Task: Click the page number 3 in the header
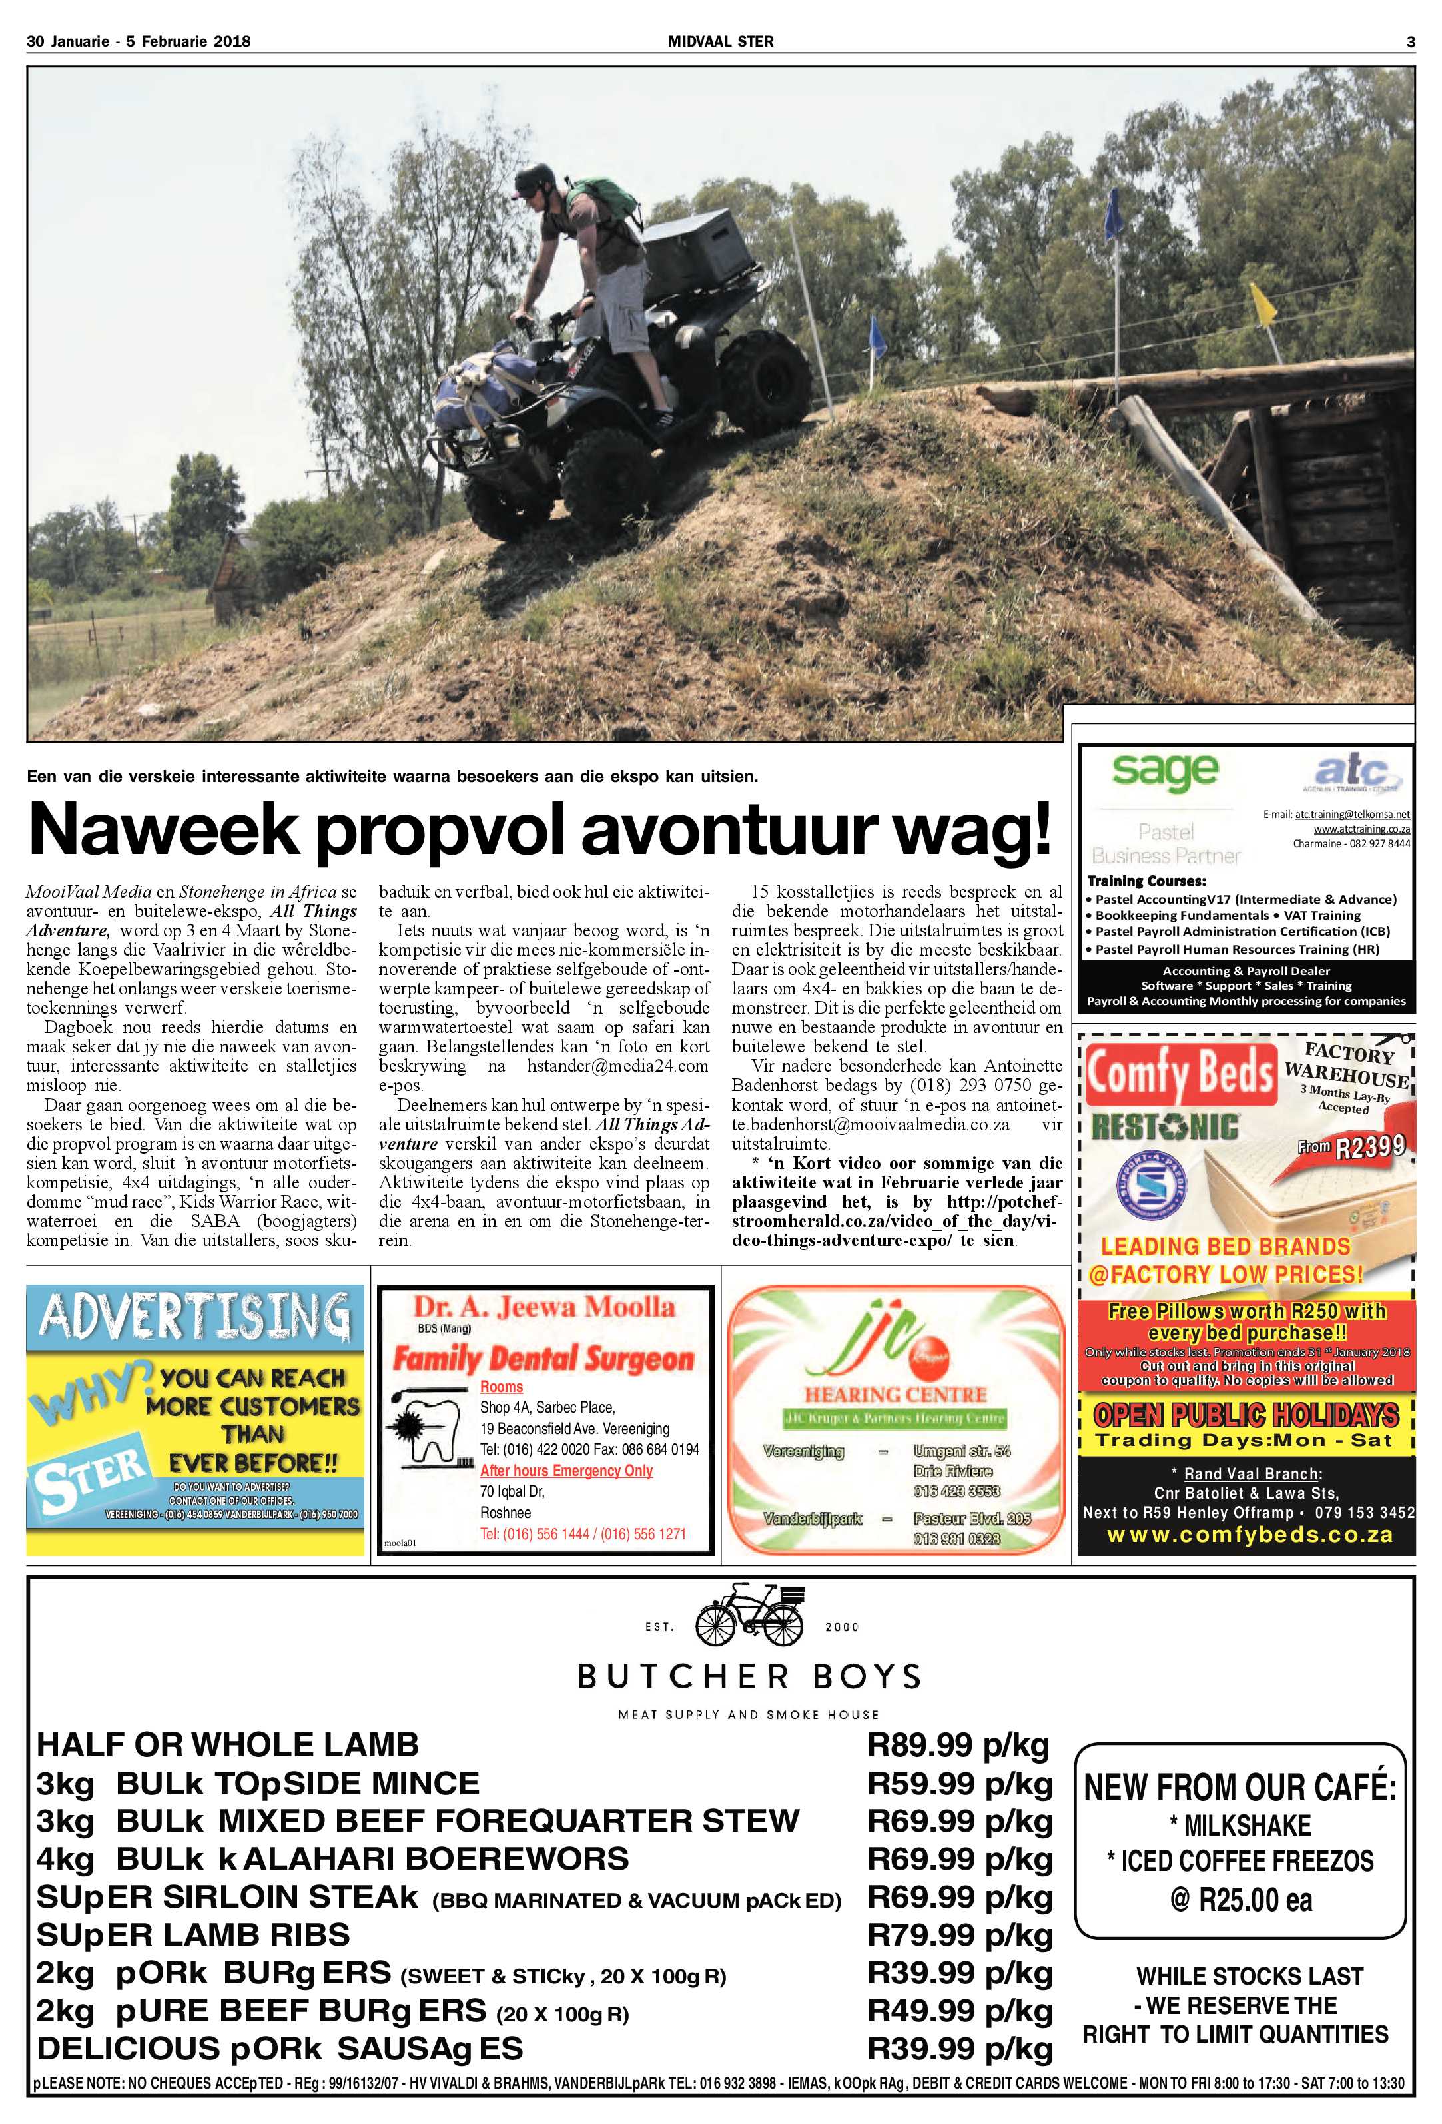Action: coord(1410,41)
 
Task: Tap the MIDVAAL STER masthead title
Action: coord(720,41)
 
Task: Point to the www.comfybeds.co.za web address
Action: coord(1250,1535)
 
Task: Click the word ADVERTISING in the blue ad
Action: coord(194,1317)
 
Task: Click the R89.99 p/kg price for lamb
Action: coord(958,1746)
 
